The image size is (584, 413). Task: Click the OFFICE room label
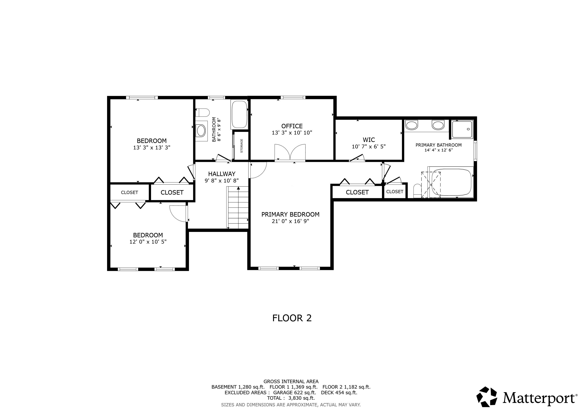pyautogui.click(x=292, y=126)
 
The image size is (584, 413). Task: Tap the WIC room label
pyautogui.click(x=369, y=140)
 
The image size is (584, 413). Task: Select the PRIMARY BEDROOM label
pyautogui.click(x=290, y=214)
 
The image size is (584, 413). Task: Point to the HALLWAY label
pyautogui.click(x=222, y=174)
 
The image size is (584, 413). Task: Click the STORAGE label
pyautogui.click(x=241, y=146)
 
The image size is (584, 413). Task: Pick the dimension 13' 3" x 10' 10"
pyautogui.click(x=292, y=133)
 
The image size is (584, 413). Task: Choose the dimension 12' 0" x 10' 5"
pyautogui.click(x=148, y=242)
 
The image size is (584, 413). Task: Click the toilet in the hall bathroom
pyautogui.click(x=203, y=112)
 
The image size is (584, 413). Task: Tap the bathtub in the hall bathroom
pyautogui.click(x=239, y=114)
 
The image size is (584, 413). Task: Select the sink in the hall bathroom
pyautogui.click(x=201, y=131)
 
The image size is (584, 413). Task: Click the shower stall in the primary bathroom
pyautogui.click(x=462, y=129)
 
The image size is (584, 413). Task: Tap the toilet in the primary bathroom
pyautogui.click(x=417, y=191)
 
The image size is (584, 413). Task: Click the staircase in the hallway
pyautogui.click(x=238, y=208)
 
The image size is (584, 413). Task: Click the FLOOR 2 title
pyautogui.click(x=292, y=318)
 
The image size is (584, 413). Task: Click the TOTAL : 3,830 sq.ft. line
pyautogui.click(x=291, y=398)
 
